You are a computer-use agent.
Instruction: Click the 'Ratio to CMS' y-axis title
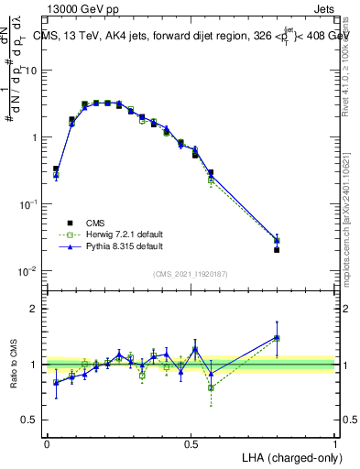pos(15,365)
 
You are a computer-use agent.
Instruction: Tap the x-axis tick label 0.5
pos(191,442)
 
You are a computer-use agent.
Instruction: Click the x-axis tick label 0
pos(47,442)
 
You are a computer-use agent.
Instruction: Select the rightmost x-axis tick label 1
pos(334,442)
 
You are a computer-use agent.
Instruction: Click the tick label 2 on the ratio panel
pos(35,309)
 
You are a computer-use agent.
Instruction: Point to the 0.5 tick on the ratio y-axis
pos(31,420)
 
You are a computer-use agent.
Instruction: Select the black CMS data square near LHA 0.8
pos(277,249)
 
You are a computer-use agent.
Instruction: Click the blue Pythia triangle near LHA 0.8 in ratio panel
pos(277,337)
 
